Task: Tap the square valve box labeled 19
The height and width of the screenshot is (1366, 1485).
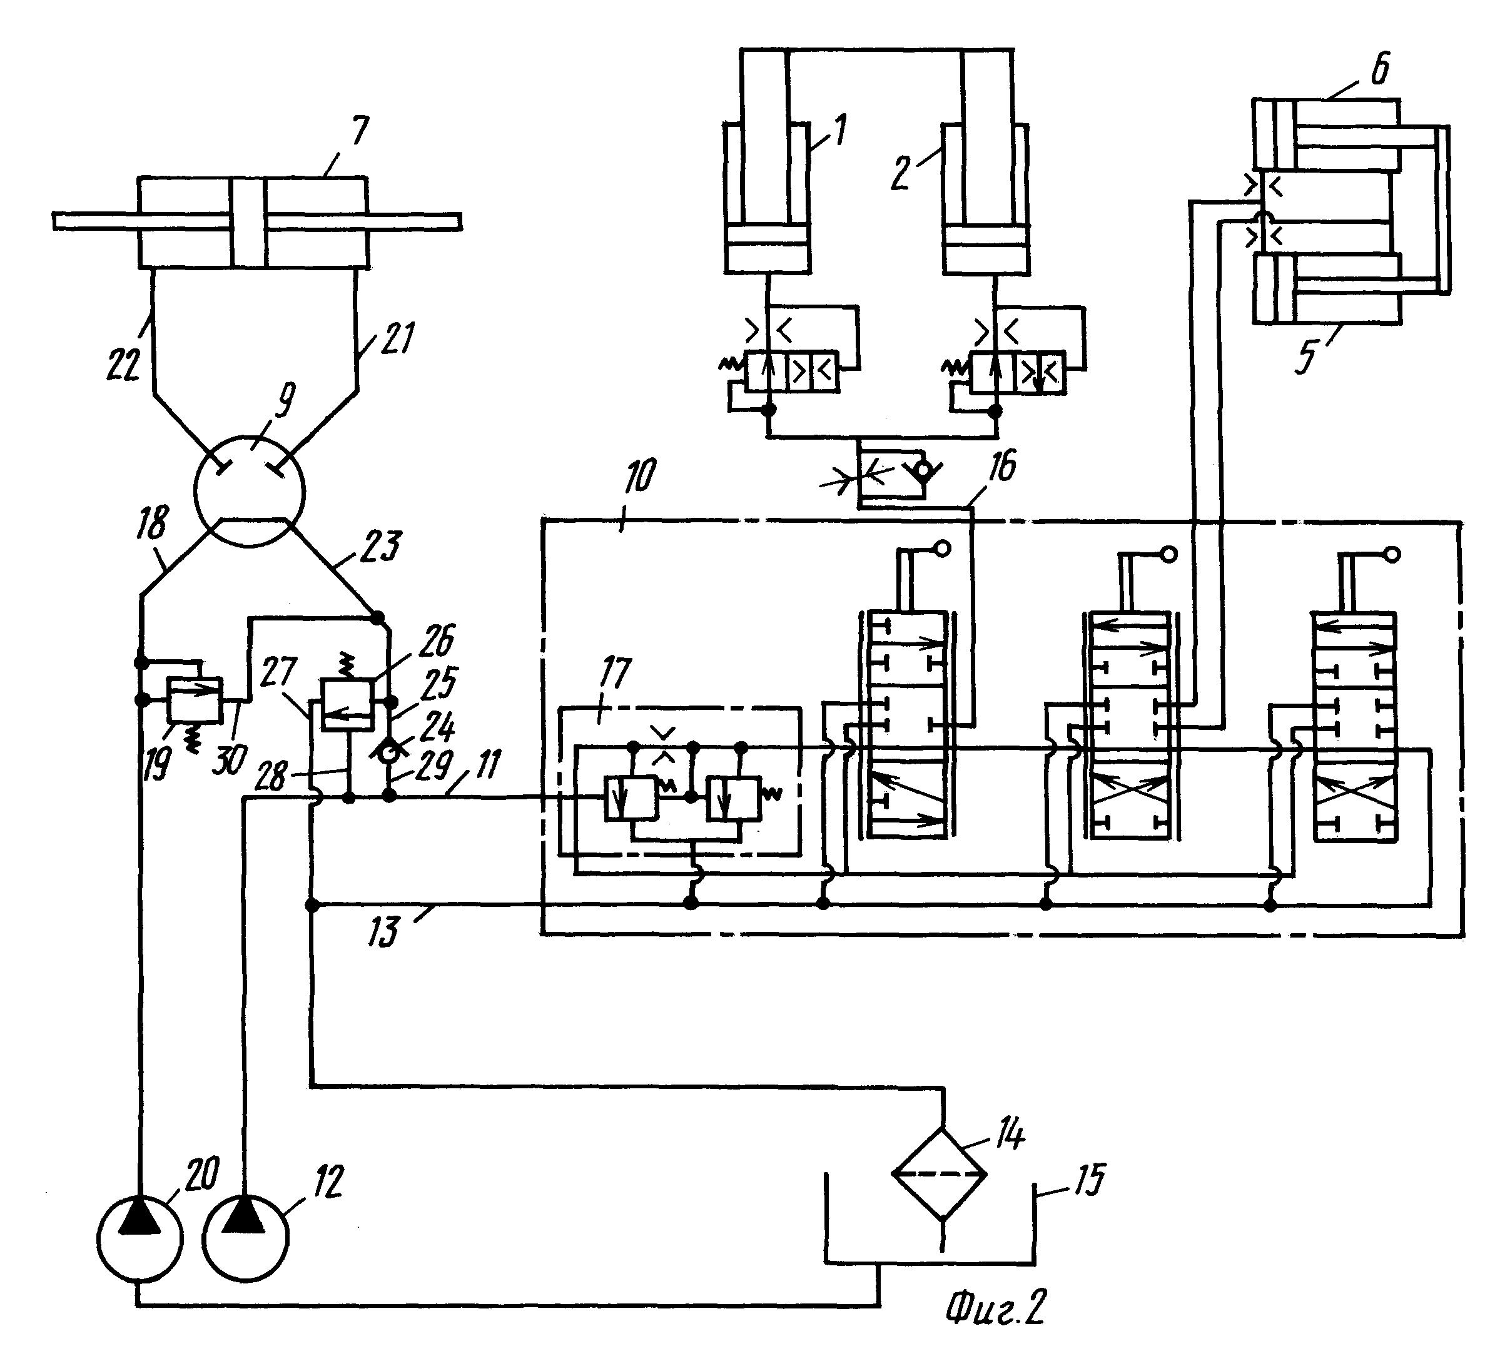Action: click(x=195, y=699)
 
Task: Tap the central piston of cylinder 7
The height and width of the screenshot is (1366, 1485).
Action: click(x=248, y=222)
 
